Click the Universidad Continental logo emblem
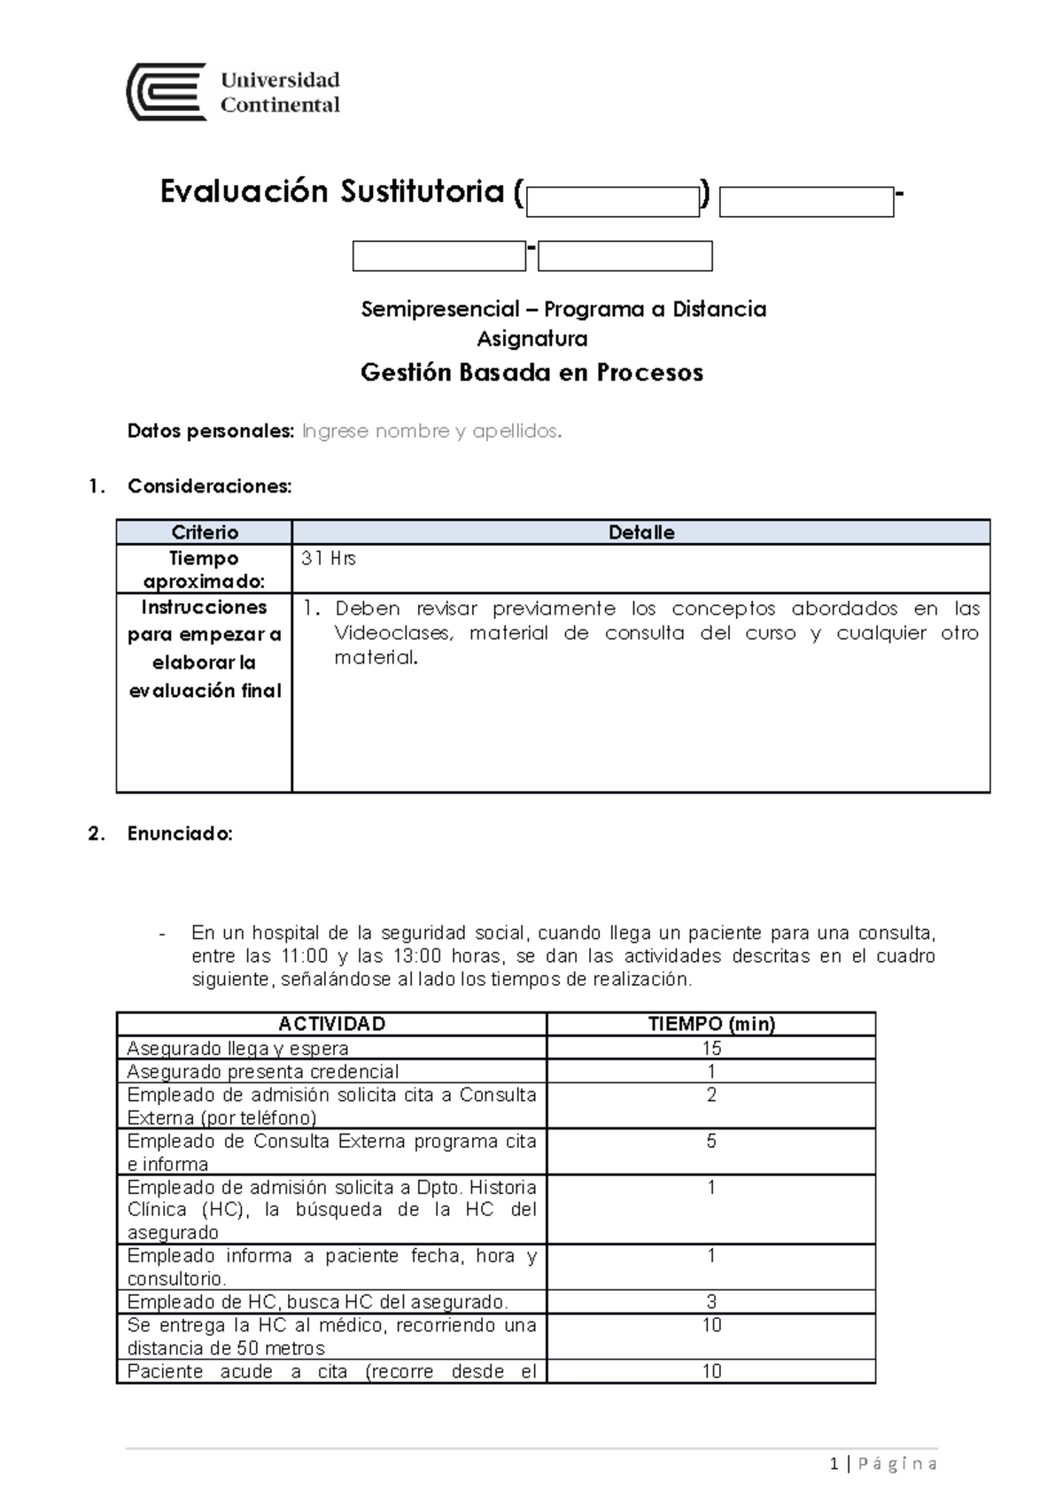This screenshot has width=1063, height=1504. click(167, 92)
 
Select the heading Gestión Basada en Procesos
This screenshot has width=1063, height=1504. click(531, 372)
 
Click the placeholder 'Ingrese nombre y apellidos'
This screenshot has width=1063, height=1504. click(431, 431)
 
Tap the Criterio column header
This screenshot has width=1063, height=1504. click(205, 532)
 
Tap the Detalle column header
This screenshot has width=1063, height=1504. click(640, 532)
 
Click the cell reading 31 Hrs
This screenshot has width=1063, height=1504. click(329, 559)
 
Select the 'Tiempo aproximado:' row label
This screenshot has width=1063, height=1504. click(205, 570)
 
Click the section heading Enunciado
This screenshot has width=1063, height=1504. click(180, 833)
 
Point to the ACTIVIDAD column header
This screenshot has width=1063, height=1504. click(331, 1024)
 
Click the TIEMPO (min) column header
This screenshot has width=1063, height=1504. click(711, 1024)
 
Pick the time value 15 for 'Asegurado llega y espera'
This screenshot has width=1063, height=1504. click(711, 1048)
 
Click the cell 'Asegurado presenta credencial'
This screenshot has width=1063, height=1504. click(263, 1071)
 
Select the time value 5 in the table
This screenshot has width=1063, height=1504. click(711, 1141)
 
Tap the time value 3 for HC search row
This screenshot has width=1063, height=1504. click(711, 1302)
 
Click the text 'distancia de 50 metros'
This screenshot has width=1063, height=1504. click(227, 1348)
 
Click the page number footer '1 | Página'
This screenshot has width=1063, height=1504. click(883, 1464)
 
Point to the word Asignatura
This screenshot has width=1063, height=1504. click(532, 338)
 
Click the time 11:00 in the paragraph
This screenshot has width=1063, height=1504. click(304, 957)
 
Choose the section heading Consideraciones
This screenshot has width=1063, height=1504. click(209, 486)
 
